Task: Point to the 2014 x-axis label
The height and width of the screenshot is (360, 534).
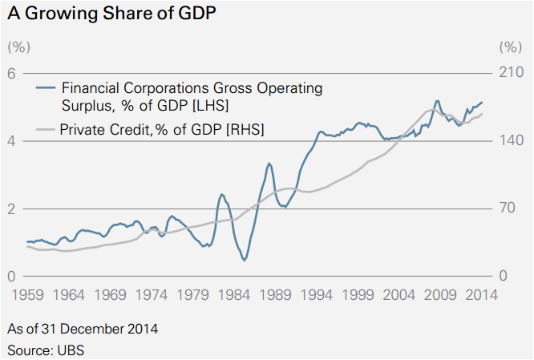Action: click(481, 295)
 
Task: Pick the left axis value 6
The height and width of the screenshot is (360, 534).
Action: click(12, 73)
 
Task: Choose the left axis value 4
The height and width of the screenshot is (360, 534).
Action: click(12, 141)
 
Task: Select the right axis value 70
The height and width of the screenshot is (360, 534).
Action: click(508, 209)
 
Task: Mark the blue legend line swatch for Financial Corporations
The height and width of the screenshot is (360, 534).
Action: click(47, 87)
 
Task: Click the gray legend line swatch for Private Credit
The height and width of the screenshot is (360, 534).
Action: click(47, 129)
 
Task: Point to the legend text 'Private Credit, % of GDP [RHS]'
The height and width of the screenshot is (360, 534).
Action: click(162, 129)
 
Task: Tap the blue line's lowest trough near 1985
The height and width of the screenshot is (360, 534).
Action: click(244, 260)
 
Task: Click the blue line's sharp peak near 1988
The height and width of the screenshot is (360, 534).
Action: click(269, 164)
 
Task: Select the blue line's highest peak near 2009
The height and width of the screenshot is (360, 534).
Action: click(436, 102)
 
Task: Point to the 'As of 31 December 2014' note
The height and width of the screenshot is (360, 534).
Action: click(82, 329)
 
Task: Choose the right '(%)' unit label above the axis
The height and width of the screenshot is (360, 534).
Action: click(509, 47)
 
